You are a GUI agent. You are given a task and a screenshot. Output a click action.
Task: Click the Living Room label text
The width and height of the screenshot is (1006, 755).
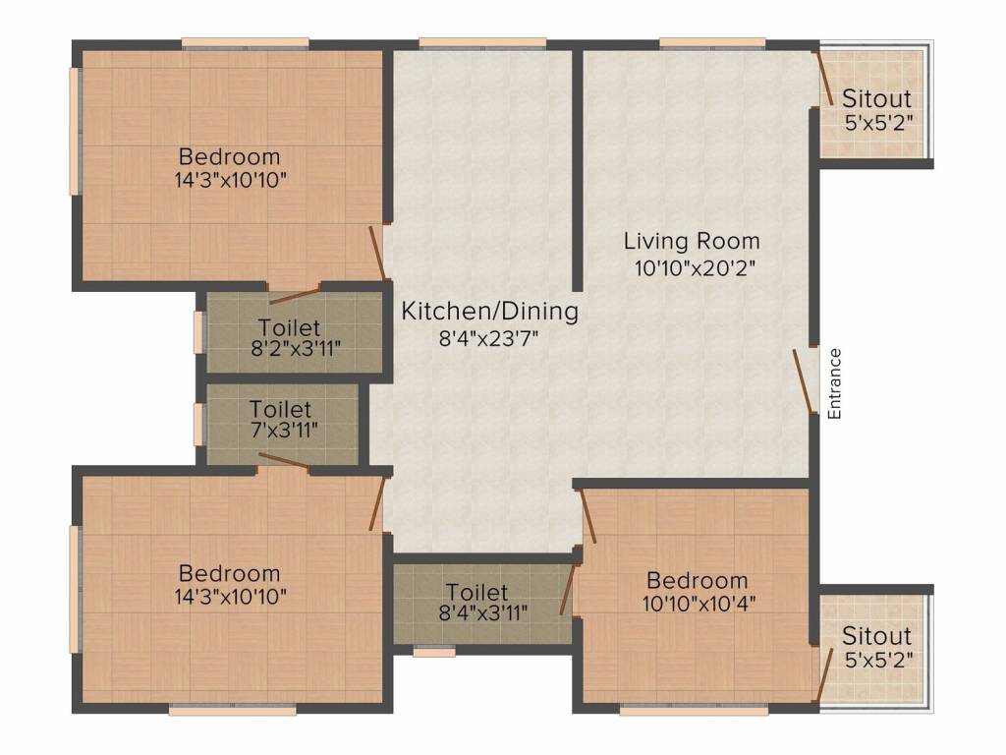tap(692, 241)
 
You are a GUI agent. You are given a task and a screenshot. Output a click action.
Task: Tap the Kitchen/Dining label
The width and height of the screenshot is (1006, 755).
tap(489, 312)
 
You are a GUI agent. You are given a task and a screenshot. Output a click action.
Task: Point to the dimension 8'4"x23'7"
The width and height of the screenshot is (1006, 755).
tap(489, 337)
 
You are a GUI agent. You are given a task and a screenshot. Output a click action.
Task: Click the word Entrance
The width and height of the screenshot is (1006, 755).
tap(834, 383)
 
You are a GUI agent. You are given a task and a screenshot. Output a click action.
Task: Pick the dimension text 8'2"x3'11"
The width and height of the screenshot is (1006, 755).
tap(289, 350)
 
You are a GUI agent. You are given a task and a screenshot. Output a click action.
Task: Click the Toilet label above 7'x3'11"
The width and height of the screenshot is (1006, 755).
tap(280, 408)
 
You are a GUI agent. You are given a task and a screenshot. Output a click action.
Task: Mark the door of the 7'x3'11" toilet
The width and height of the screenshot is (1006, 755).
tap(284, 461)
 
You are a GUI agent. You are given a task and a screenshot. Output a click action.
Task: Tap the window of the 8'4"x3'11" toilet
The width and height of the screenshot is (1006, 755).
tap(433, 650)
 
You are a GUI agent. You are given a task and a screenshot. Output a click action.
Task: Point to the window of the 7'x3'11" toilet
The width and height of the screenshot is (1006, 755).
tap(198, 423)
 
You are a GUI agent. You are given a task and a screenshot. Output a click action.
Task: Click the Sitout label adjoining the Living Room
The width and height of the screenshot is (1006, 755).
tap(877, 99)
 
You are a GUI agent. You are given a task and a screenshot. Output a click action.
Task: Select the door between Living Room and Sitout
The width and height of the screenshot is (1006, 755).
tap(824, 79)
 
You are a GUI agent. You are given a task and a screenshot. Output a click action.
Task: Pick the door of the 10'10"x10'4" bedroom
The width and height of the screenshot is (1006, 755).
tap(588, 517)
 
